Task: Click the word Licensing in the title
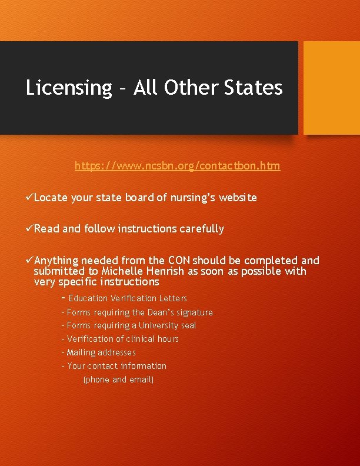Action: [x=68, y=88]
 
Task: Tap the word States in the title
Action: [x=254, y=88]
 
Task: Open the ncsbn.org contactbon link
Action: [x=177, y=166]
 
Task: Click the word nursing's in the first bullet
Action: [x=192, y=198]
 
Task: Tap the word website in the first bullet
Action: [x=238, y=198]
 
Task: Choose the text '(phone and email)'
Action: [x=118, y=380]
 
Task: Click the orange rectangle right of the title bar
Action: [x=331, y=87]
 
